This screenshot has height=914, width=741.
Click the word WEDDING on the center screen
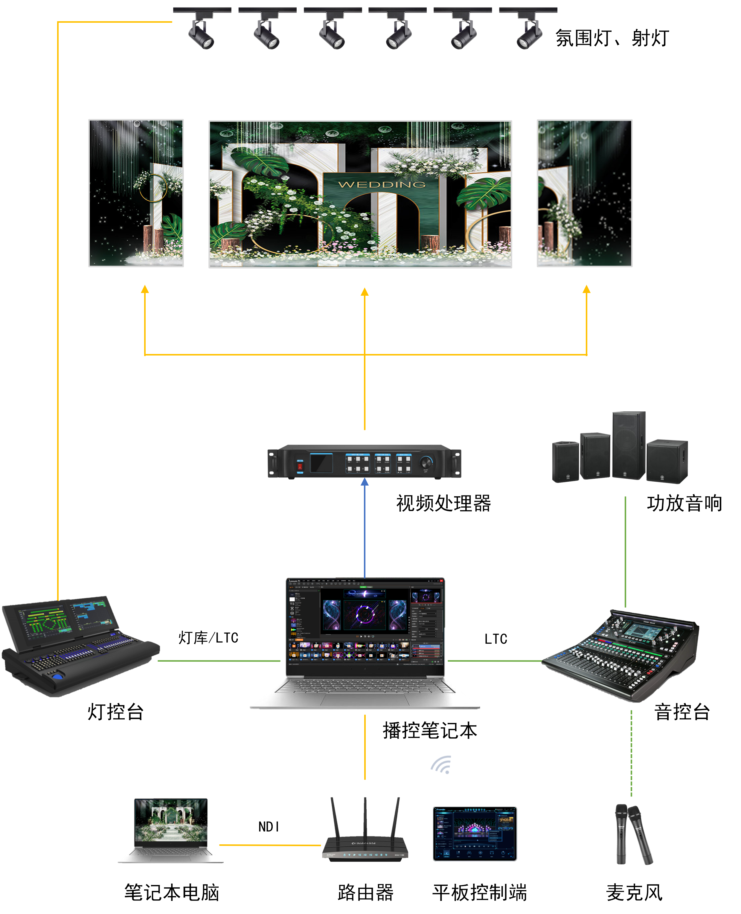point(382,184)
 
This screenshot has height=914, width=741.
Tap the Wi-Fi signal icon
point(441,765)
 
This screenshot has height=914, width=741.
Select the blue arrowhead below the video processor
point(365,482)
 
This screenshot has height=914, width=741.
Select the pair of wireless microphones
point(633,834)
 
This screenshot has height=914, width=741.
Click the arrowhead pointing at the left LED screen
point(145,289)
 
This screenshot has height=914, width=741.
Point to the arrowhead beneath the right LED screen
point(586,289)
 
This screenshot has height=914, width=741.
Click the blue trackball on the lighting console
point(57,676)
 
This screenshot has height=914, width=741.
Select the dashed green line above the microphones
point(631,753)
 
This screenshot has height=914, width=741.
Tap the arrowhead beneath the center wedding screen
point(365,292)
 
